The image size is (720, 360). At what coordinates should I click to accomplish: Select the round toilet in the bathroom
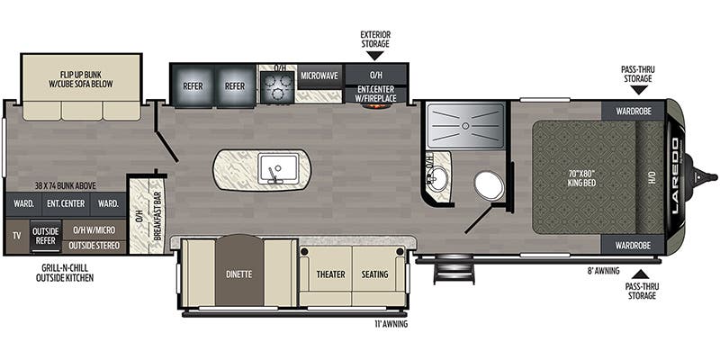tap(489, 185)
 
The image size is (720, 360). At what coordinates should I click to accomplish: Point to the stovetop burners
tap(275, 85)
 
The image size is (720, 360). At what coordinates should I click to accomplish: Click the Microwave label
tap(319, 76)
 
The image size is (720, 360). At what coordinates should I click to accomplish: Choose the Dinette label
tap(239, 274)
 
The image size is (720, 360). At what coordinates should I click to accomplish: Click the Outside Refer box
tap(46, 235)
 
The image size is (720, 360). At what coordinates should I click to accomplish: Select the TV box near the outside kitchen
tap(16, 235)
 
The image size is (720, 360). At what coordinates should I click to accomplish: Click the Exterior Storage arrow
tap(374, 56)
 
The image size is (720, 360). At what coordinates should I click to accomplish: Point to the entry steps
tap(454, 270)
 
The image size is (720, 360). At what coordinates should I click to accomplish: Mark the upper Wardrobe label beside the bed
tap(633, 111)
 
